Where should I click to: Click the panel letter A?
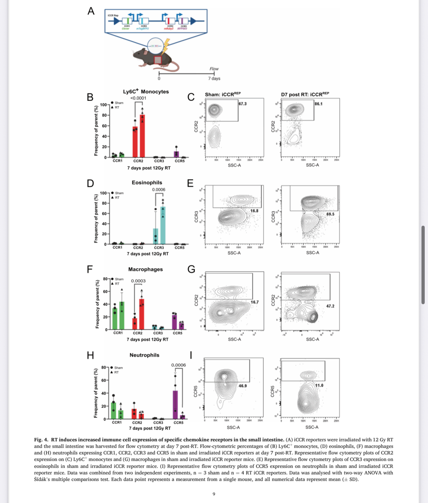coord(91,11)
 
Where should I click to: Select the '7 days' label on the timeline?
coord(214,79)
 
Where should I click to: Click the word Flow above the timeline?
coord(214,69)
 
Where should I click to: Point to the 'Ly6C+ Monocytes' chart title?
coord(146,92)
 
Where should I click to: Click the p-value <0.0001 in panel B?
coord(138,98)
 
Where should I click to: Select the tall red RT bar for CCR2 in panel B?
coord(142,136)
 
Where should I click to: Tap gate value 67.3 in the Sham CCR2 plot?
coord(242,104)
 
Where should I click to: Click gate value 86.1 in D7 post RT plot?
coord(318,104)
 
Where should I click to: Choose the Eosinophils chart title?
coord(147,182)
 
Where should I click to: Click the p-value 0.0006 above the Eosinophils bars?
coord(159,190)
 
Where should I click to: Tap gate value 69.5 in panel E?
coord(330,214)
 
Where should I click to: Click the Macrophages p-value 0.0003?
coord(138,281)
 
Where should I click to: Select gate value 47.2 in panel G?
coord(330,306)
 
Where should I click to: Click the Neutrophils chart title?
coord(144,355)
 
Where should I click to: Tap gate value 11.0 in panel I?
coord(319,386)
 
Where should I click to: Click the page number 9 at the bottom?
coord(214,494)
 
